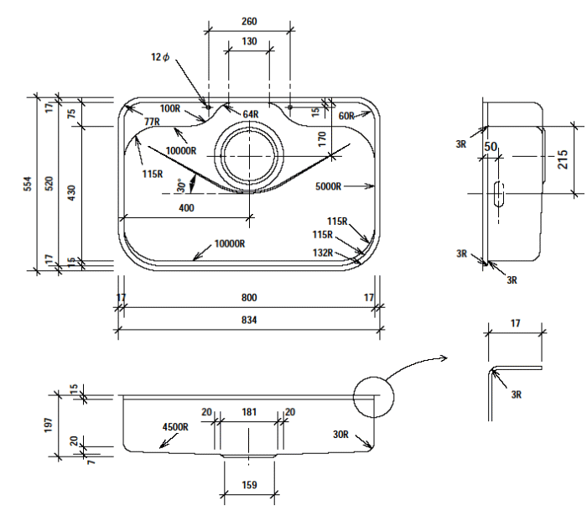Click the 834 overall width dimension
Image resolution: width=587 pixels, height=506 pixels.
(249, 320)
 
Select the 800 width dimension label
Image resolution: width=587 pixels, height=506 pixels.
(249, 298)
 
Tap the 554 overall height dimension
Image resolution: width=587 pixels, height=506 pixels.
(27, 184)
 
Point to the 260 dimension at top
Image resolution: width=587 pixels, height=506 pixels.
(249, 21)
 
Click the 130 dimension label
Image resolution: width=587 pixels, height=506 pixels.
(249, 41)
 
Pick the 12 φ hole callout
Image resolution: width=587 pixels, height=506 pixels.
(159, 57)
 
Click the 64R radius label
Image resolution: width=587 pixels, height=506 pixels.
(251, 114)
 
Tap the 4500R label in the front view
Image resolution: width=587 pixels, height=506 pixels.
(175, 426)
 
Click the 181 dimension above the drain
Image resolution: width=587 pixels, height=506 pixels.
(249, 412)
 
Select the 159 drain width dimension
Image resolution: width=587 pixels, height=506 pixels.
(249, 485)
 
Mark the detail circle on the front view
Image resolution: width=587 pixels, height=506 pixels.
(373, 397)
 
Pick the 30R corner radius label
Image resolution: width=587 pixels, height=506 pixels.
(340, 435)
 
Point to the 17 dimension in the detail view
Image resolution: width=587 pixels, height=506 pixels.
(515, 322)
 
